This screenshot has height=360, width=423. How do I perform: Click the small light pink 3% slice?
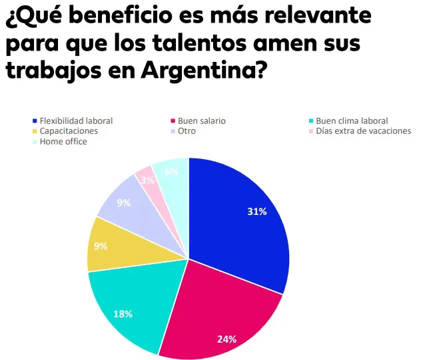147,180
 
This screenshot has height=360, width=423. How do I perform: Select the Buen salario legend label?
202,121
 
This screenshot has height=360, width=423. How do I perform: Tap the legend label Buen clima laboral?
350,121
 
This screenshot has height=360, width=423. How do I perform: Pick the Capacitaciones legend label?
69,131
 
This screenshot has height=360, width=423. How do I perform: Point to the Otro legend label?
187,131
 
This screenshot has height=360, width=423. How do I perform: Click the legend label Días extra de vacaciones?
363,131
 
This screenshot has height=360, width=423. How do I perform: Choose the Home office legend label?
63,142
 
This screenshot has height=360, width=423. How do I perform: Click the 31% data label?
257,212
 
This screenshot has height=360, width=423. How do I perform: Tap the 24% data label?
226,339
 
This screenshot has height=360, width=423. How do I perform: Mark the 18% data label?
123,313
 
